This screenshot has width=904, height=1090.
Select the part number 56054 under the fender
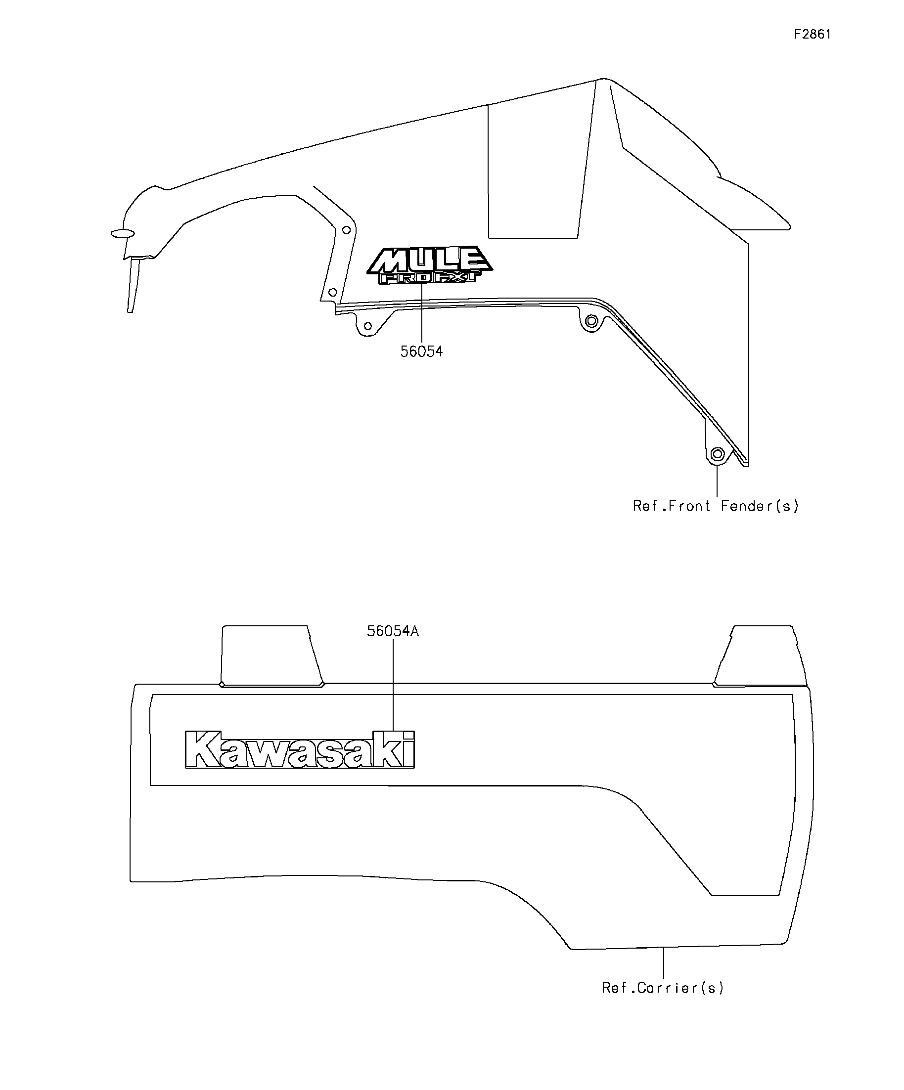pos(421,352)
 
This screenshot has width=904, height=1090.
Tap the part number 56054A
pos(393,632)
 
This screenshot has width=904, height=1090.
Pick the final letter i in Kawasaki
pos(409,750)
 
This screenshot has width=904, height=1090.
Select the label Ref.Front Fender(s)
pos(716,506)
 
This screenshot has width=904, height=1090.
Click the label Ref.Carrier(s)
pos(663,988)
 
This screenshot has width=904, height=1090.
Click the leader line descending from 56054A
pos(393,685)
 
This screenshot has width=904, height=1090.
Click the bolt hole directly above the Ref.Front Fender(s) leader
pos(717,455)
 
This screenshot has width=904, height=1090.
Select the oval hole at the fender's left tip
pos(123,233)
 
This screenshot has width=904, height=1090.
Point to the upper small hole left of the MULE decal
pos(346,229)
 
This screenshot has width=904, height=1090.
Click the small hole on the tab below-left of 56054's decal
pos(367,326)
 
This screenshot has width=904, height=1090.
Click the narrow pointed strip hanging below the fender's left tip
pos(133,286)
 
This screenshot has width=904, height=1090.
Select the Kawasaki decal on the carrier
pos(300,749)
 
